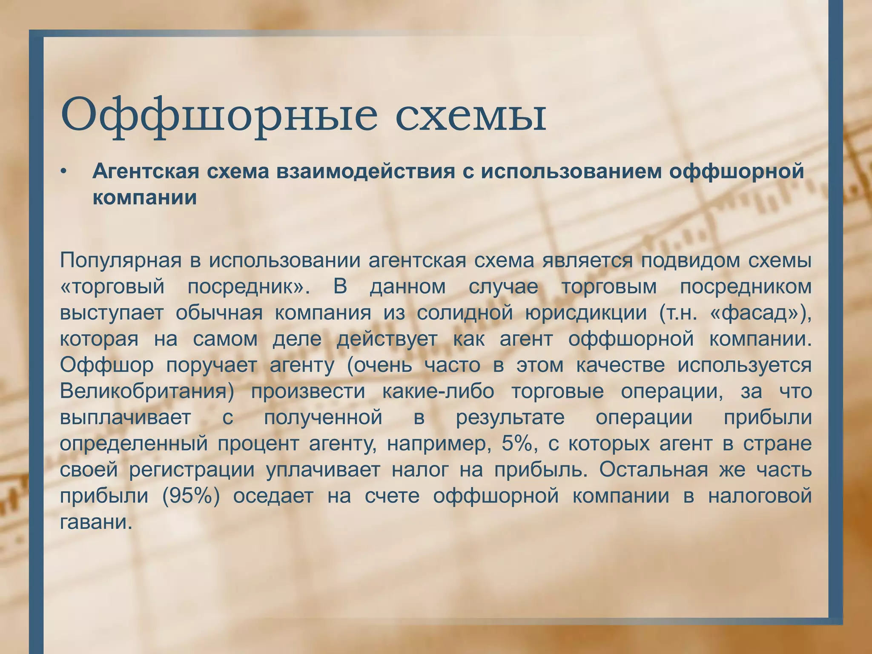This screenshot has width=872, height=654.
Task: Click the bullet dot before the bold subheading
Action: pyautogui.click(x=63, y=172)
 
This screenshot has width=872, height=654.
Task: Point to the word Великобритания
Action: pyautogui.click(x=147, y=392)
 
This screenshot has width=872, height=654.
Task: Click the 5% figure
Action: pyautogui.click(x=516, y=444)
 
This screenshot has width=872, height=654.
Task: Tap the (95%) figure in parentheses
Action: pyautogui.click(x=190, y=496)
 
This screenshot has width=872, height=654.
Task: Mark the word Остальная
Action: pyautogui.click(x=654, y=470)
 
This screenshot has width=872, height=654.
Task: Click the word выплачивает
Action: pyautogui.click(x=125, y=418)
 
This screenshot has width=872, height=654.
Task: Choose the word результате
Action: pyautogui.click(x=511, y=418)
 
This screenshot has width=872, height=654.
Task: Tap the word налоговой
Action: pyautogui.click(x=760, y=496)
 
